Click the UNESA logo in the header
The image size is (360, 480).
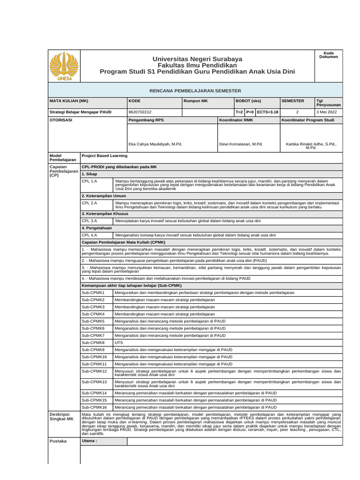64,66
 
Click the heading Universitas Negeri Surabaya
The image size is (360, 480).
197,59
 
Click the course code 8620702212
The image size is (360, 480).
140,112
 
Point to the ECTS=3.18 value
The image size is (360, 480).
267,112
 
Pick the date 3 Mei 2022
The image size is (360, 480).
326,112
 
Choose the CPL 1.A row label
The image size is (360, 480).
90,181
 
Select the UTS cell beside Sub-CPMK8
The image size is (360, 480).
119,343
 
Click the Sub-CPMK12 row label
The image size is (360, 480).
94,371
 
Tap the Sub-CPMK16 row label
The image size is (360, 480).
94,407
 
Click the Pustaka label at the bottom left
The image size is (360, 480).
58,441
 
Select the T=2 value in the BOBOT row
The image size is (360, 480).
239,112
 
